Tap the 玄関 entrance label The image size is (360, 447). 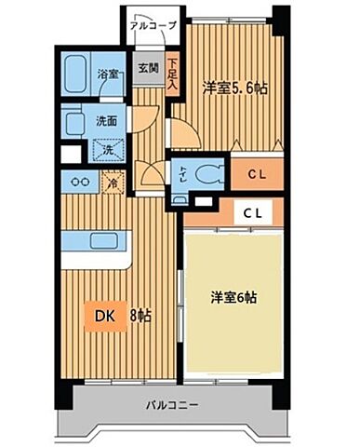pyautogui.click(x=148, y=68)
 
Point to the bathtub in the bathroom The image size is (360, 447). pyautogui.click(x=79, y=74)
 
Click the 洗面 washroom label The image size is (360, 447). pyautogui.click(x=105, y=119)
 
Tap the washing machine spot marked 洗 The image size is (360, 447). pyautogui.click(x=107, y=149)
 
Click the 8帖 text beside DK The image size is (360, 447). pyautogui.click(x=140, y=315)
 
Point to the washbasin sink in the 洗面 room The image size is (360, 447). pyautogui.click(x=74, y=121)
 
